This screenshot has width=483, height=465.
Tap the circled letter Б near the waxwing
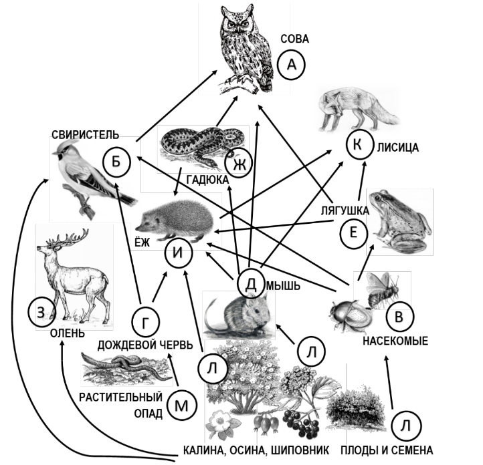tap(116, 162)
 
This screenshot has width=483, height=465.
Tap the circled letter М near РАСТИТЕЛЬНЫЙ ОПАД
tap(180, 404)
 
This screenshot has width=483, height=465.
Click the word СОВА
tap(294, 39)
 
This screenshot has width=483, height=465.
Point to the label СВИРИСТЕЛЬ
tap(84, 135)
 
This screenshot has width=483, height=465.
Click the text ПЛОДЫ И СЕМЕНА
tap(386, 450)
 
